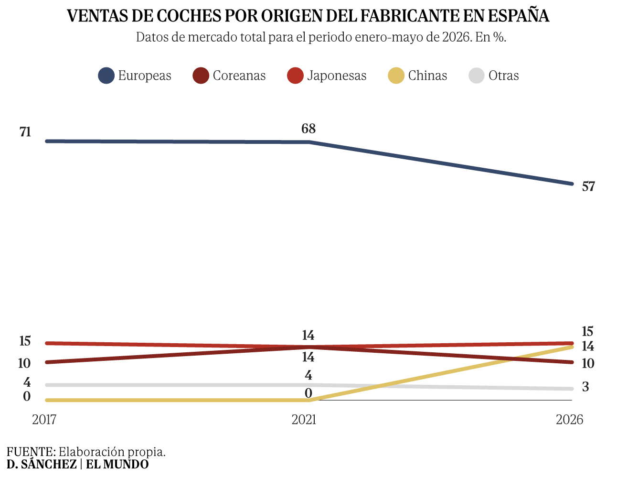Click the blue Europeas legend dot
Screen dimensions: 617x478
coord(106,76)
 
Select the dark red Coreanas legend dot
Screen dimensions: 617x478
coord(201,76)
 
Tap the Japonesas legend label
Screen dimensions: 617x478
coord(337,76)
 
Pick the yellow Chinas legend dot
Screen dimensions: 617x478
coord(396,76)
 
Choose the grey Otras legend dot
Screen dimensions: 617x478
coord(476,76)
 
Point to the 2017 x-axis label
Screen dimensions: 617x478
coord(44,420)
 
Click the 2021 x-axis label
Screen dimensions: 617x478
coord(304,420)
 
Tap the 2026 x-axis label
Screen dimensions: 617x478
coord(569,420)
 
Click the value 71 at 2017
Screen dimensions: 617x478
coord(25,132)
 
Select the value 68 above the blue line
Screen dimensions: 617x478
coord(308,129)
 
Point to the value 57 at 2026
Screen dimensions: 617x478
coord(588,186)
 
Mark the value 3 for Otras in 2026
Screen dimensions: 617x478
coord(585,387)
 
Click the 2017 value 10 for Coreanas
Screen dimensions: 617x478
coord(24,363)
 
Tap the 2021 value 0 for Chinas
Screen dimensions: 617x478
coord(308,393)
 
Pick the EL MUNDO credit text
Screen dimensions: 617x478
coord(117,464)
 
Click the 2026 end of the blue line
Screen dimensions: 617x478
coord(572,184)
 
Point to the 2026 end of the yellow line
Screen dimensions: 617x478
coord(572,347)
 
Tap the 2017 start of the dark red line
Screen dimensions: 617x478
coord(47,362)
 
